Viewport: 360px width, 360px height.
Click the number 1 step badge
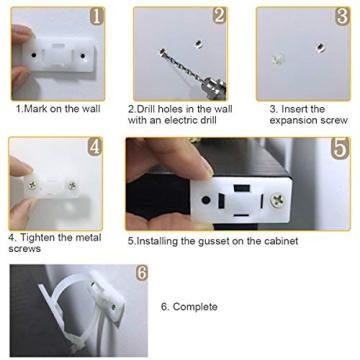point(96,16)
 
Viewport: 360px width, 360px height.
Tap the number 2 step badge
point(219,16)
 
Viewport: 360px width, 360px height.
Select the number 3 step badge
point(341,17)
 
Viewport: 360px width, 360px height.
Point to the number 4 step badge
point(94,146)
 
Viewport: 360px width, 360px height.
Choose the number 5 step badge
point(340,146)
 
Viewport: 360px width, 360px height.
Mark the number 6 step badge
point(141,272)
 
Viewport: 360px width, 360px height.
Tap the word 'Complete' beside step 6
point(195,306)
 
